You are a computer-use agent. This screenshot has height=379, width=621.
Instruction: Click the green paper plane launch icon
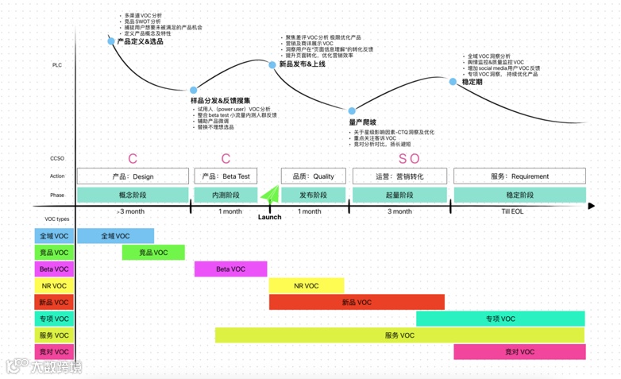[270, 194]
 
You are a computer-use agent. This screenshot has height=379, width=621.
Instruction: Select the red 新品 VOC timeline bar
[357, 302]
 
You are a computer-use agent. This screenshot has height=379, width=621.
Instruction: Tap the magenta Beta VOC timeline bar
[230, 269]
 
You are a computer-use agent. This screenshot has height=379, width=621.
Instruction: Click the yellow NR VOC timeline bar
[306, 285]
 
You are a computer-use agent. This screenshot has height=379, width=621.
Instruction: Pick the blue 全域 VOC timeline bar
[115, 236]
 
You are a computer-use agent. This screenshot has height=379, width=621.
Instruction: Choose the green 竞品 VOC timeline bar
[153, 253]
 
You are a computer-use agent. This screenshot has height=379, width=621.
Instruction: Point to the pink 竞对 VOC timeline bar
[519, 352]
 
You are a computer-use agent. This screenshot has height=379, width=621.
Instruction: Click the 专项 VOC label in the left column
[54, 319]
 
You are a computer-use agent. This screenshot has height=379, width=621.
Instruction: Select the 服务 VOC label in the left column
[54, 336]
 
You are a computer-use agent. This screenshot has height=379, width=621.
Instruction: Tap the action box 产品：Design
[133, 176]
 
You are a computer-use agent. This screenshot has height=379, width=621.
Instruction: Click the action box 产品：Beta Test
[226, 176]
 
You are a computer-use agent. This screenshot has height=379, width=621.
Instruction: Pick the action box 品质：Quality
[313, 176]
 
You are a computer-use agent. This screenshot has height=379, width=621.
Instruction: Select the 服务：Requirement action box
[519, 176]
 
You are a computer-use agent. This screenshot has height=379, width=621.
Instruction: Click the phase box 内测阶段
[226, 195]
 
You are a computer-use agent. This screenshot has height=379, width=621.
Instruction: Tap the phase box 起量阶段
[399, 195]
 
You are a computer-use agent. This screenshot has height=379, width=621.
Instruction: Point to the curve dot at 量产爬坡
[353, 111]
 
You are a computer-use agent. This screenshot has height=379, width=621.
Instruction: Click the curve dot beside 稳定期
[453, 82]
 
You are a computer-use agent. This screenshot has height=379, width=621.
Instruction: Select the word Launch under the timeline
[269, 217]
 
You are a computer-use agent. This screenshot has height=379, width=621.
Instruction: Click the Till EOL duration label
[512, 211]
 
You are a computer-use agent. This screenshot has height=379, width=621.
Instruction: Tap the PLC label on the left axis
[57, 65]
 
